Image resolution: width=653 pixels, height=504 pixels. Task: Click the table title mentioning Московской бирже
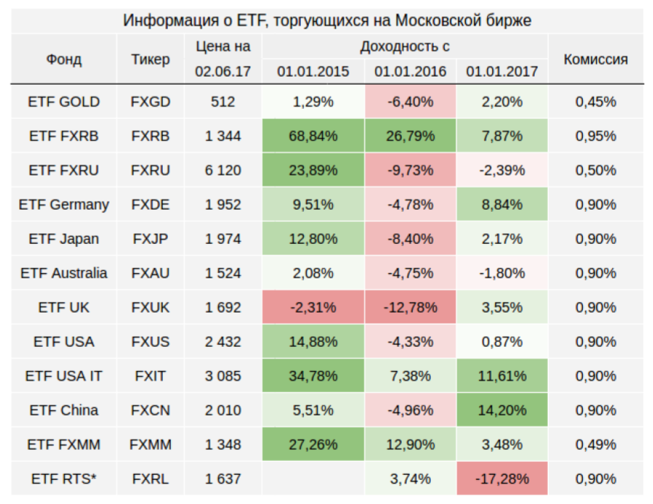pyautogui.click(x=326, y=20)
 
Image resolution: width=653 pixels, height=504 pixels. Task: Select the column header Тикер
pyautogui.click(x=150, y=59)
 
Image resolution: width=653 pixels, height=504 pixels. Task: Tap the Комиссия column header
pyautogui.click(x=595, y=59)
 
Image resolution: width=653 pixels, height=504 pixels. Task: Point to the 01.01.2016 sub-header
pyautogui.click(x=410, y=72)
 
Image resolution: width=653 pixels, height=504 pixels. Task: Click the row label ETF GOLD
pyautogui.click(x=64, y=102)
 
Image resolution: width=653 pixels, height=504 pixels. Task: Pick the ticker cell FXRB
pyautogui.click(x=150, y=136)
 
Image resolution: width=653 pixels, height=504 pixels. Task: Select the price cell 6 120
pyautogui.click(x=223, y=170)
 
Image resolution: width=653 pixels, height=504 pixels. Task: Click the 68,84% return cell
pyautogui.click(x=314, y=136)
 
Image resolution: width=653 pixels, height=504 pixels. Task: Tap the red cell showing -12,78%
pyautogui.click(x=410, y=308)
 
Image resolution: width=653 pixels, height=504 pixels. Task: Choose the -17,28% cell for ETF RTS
pyautogui.click(x=502, y=479)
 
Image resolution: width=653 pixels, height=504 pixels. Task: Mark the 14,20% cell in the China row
pyautogui.click(x=502, y=411)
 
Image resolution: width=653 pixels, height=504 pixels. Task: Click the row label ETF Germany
pyautogui.click(x=64, y=205)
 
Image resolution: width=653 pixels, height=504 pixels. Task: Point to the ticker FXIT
pyautogui.click(x=150, y=376)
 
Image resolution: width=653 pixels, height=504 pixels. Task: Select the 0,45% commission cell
pyautogui.click(x=595, y=102)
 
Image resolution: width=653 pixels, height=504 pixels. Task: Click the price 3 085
pyautogui.click(x=223, y=376)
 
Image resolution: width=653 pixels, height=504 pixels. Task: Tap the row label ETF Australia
pyautogui.click(x=64, y=273)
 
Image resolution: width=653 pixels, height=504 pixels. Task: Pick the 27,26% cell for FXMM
pyautogui.click(x=314, y=445)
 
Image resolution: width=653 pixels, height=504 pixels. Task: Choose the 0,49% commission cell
pyautogui.click(x=595, y=445)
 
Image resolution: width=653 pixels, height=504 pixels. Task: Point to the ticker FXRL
pyautogui.click(x=150, y=479)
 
